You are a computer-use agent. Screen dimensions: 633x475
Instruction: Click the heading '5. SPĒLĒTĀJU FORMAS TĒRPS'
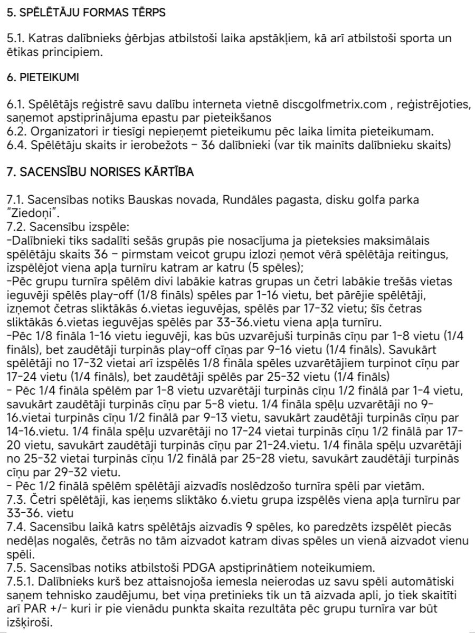pyautogui.click(x=86, y=13)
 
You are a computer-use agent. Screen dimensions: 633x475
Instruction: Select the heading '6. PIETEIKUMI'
pyautogui.click(x=42, y=78)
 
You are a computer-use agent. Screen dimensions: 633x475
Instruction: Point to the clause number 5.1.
pyautogui.click(x=15, y=39)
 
